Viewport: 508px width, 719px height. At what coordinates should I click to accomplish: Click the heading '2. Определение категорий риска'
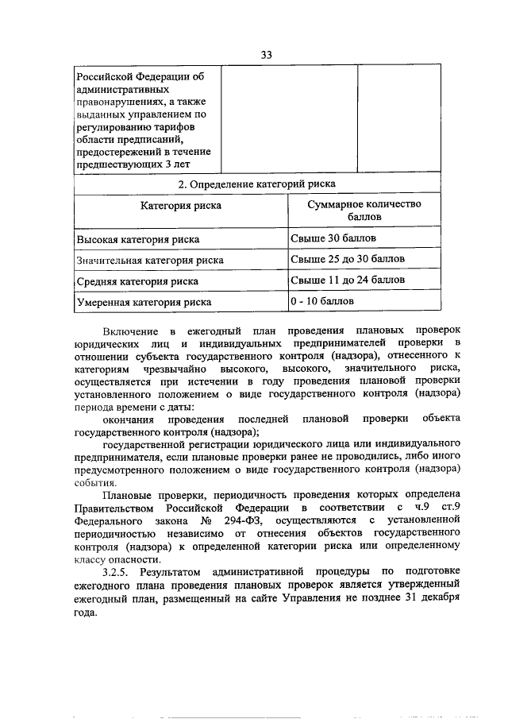coord(256,184)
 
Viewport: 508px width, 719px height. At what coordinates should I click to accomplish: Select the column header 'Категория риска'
coord(181,206)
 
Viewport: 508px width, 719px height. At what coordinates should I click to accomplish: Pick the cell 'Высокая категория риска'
coord(137,239)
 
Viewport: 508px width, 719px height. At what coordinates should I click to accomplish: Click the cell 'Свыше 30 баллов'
coord(333,238)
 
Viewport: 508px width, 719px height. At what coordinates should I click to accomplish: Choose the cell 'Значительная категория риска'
coord(149,260)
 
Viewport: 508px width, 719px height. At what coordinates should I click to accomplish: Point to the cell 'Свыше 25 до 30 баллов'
coord(348,259)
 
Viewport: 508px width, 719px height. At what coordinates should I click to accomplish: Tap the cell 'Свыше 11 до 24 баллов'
coord(348,280)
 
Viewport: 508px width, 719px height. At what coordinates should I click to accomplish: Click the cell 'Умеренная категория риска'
coord(144,303)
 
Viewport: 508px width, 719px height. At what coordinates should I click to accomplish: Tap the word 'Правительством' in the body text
coord(114,506)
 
